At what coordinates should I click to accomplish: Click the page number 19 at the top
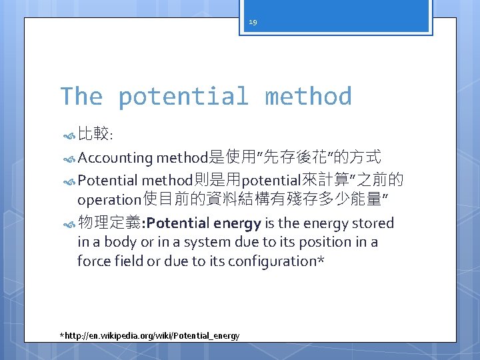tap(253, 22)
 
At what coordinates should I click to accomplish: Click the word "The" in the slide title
tap(81, 97)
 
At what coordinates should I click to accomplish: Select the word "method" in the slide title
tap(308, 97)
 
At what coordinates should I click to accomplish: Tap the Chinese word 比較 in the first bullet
tap(94, 135)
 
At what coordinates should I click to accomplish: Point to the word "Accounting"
tap(115, 158)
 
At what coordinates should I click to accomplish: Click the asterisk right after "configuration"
tap(321, 260)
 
